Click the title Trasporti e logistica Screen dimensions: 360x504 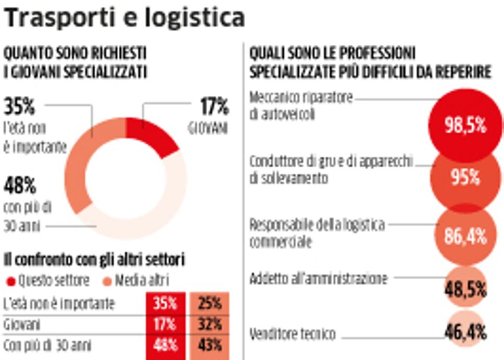124,18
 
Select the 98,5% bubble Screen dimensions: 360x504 465,125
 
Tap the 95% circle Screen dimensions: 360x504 465,178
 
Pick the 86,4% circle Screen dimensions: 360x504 465,236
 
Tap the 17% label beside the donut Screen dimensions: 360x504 215,107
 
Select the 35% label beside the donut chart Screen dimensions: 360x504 19,107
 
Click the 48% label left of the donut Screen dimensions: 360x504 19,185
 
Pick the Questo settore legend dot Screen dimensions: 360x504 10,281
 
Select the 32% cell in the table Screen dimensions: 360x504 210,325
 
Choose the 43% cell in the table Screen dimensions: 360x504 210,345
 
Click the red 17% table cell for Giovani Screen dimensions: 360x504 166,325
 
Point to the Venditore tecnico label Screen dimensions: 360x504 293,333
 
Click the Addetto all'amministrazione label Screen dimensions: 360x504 319,279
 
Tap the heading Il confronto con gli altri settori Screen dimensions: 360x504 95,259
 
